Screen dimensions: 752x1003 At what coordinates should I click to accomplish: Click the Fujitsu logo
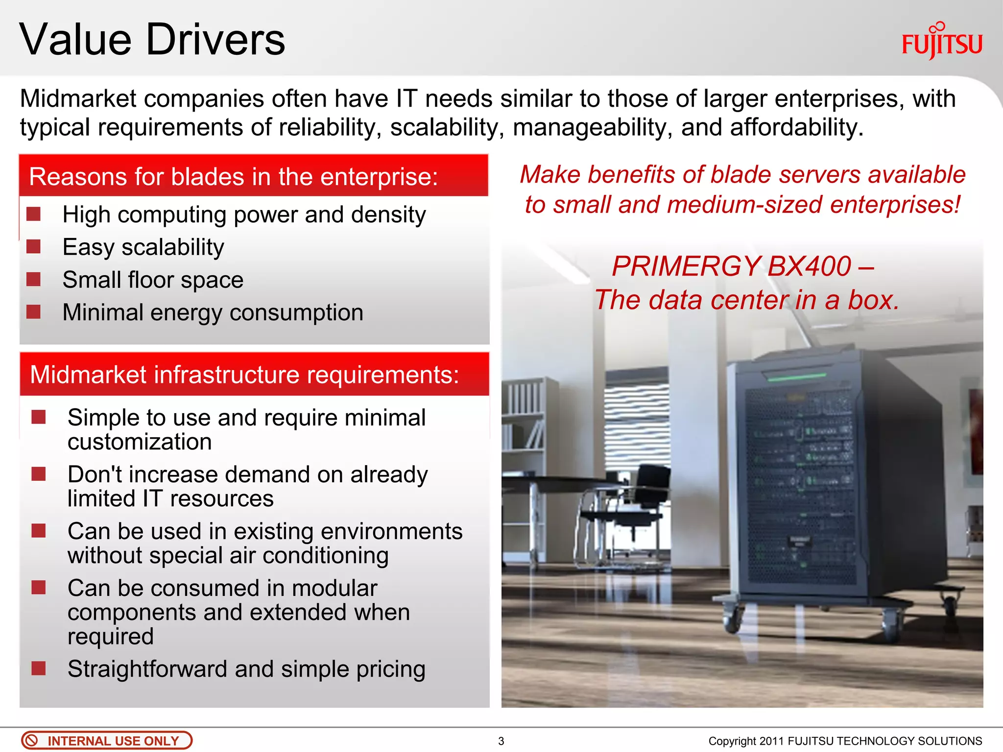pos(941,43)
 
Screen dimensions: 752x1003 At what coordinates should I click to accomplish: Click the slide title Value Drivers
pos(152,40)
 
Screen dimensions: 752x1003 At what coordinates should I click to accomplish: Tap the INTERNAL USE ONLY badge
pos(107,740)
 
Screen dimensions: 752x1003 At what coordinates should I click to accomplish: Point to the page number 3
pos(501,741)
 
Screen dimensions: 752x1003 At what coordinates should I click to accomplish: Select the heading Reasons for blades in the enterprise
pos(233,177)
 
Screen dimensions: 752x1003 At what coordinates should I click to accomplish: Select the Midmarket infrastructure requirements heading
pos(244,375)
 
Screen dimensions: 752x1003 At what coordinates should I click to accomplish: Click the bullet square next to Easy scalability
pos(33,246)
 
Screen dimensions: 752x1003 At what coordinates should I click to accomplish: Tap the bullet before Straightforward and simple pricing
pos(38,668)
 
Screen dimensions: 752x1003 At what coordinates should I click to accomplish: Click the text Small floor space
pos(153,280)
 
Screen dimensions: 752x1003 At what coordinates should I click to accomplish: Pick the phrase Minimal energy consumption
pos(213,312)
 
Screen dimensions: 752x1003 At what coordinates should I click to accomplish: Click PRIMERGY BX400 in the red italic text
pos(732,267)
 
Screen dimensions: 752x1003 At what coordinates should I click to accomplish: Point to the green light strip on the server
pos(796,377)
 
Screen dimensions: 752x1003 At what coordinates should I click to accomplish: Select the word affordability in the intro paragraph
pos(795,127)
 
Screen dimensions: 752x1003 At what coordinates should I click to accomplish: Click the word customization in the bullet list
pos(140,442)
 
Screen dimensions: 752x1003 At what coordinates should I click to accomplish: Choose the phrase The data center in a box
pos(746,300)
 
